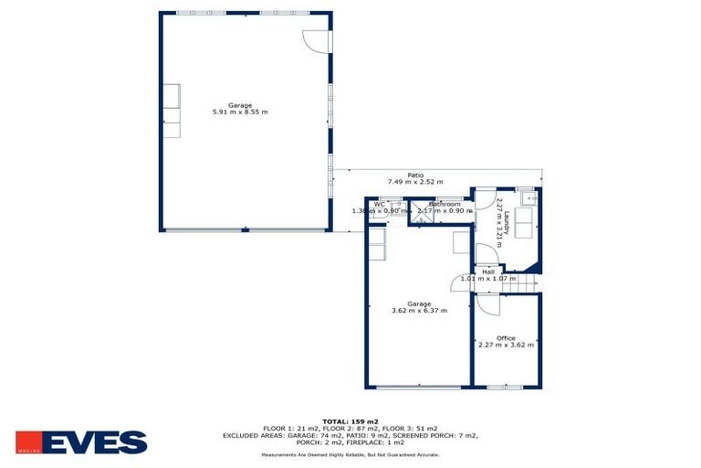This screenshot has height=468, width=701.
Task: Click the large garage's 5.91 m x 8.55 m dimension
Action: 239,112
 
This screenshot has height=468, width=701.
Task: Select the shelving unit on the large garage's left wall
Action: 172,110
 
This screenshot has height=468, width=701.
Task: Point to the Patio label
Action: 414,175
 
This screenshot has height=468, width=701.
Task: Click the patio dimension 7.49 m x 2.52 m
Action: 414,182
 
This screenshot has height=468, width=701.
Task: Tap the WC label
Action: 379,204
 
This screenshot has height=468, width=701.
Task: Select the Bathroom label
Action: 445,204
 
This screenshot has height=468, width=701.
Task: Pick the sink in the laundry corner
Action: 528,197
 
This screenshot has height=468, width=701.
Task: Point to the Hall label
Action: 488,271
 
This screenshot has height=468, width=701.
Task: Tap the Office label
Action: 506,338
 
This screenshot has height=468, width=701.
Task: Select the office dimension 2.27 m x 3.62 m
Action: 506,346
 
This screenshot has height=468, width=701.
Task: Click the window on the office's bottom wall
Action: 505,387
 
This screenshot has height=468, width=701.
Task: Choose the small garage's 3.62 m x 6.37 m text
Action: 419,311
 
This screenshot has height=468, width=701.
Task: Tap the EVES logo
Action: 81,442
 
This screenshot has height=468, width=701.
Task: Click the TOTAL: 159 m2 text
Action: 350,421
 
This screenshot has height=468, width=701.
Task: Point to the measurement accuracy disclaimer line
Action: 350,454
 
